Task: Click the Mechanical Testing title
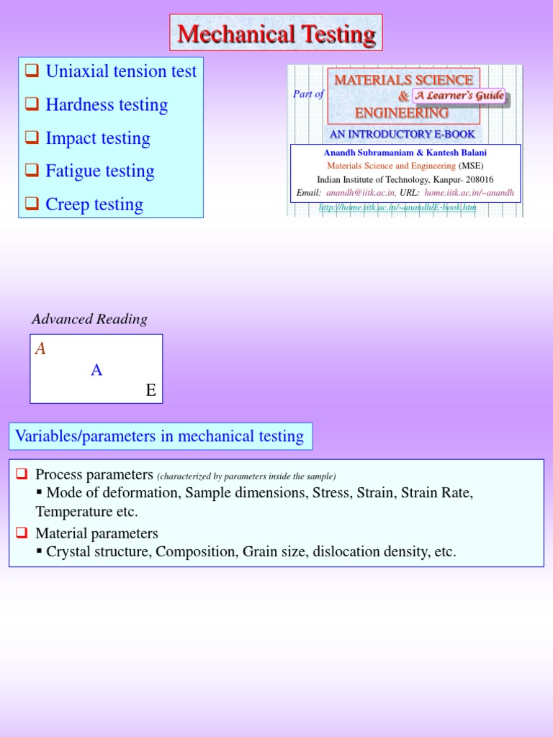point(276,34)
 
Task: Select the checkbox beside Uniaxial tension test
point(32,71)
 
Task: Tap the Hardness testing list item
point(107,104)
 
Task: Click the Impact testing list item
point(98,138)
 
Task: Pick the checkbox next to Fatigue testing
point(32,171)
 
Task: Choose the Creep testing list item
point(94,204)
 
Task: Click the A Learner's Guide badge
point(459,96)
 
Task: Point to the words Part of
point(308,94)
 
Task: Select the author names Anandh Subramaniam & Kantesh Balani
point(405,153)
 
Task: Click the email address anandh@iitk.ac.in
point(360,192)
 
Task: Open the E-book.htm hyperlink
point(397,207)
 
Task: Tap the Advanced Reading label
point(89,319)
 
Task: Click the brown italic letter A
point(40,349)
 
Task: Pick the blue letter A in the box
point(96,370)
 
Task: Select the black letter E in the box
point(150,390)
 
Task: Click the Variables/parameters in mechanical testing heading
point(160,436)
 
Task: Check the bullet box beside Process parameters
point(22,474)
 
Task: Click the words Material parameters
point(96,533)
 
